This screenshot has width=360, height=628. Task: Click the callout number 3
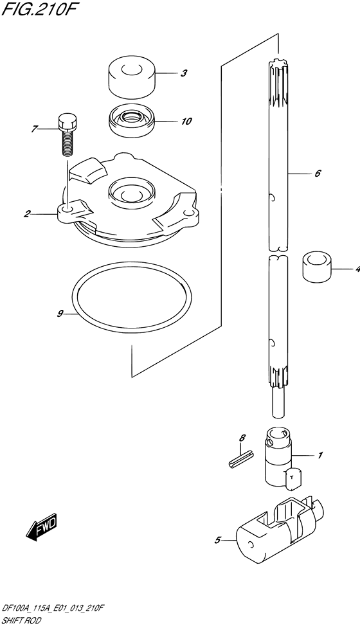(x=183, y=74)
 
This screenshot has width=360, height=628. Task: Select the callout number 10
(x=186, y=121)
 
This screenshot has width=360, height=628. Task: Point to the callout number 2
(x=26, y=214)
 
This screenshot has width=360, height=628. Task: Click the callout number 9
(x=60, y=314)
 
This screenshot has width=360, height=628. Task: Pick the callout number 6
(x=317, y=174)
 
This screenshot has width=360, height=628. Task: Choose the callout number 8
(x=242, y=438)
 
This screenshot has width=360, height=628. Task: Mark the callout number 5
(x=217, y=541)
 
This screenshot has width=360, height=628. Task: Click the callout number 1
(x=320, y=455)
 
